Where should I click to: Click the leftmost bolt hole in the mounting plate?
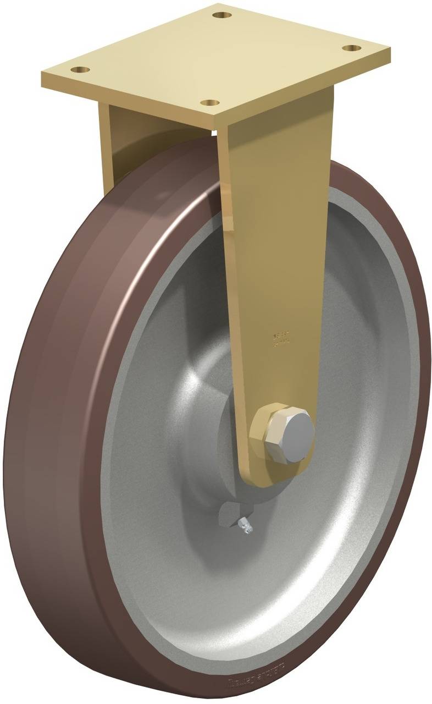(x=81, y=70)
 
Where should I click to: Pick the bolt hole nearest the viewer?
(x=210, y=103)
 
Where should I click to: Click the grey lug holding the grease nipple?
(x=228, y=514)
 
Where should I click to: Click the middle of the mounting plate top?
(x=215, y=58)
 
